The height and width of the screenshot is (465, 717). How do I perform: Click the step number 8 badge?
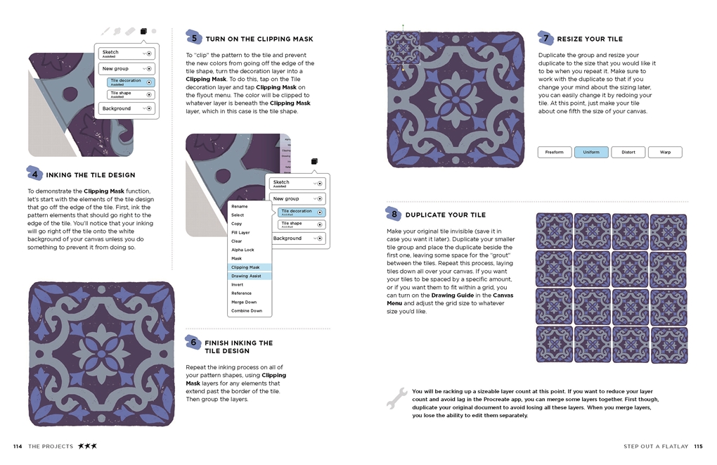(394, 214)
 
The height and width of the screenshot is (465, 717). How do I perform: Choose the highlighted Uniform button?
(591, 152)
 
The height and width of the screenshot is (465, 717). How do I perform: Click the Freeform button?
(555, 152)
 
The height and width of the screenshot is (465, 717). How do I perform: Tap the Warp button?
(664, 152)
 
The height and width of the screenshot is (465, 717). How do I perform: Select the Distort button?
(628, 152)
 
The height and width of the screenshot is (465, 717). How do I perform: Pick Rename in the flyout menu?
(240, 207)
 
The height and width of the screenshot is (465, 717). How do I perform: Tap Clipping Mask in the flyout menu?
(245, 267)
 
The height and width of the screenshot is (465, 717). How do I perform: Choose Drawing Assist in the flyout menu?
(246, 276)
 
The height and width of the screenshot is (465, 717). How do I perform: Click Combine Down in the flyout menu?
(247, 310)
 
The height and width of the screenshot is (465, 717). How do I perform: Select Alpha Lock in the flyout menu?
(243, 250)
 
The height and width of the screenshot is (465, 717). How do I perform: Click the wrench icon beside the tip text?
(396, 397)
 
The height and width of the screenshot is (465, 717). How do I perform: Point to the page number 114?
(18, 446)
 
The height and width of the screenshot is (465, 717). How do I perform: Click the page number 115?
(697, 446)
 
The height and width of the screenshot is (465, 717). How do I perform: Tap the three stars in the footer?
(87, 446)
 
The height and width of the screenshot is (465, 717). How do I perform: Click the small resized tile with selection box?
(403, 48)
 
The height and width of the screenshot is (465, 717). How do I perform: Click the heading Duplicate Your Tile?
(445, 215)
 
